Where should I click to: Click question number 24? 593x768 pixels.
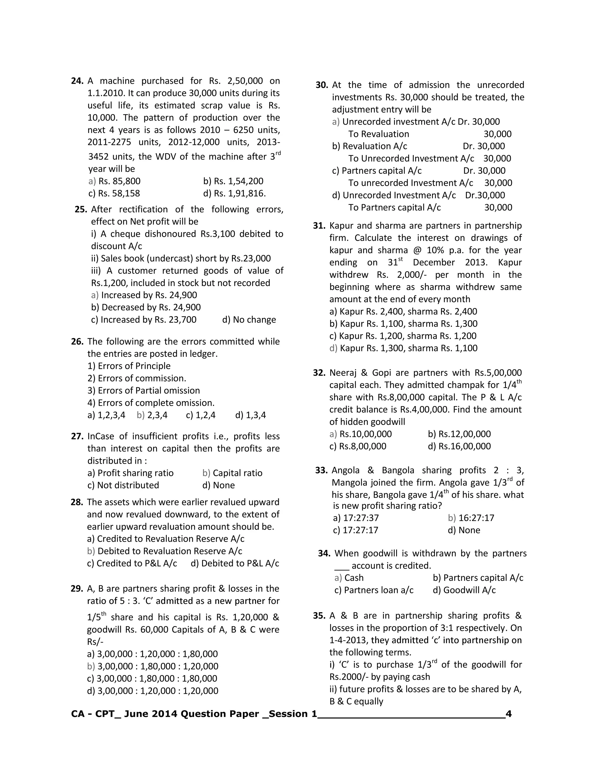point(77,81)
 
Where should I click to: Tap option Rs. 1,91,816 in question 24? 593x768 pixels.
point(234,193)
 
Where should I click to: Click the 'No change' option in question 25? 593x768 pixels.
point(249,320)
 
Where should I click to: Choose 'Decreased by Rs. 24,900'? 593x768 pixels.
point(146,307)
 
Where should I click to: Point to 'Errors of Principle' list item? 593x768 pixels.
point(129,366)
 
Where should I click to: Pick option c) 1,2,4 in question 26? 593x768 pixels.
point(201,415)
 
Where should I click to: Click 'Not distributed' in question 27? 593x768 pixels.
point(123,485)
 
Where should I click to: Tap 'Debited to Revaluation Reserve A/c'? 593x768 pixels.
point(165,551)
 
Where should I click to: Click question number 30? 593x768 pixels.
point(321,85)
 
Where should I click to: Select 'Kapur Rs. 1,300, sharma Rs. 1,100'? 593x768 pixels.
point(403,348)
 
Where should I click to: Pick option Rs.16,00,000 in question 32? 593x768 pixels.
point(459,446)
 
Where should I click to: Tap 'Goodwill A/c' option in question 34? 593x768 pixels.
point(464,590)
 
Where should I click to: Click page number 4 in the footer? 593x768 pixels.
point(508,714)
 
